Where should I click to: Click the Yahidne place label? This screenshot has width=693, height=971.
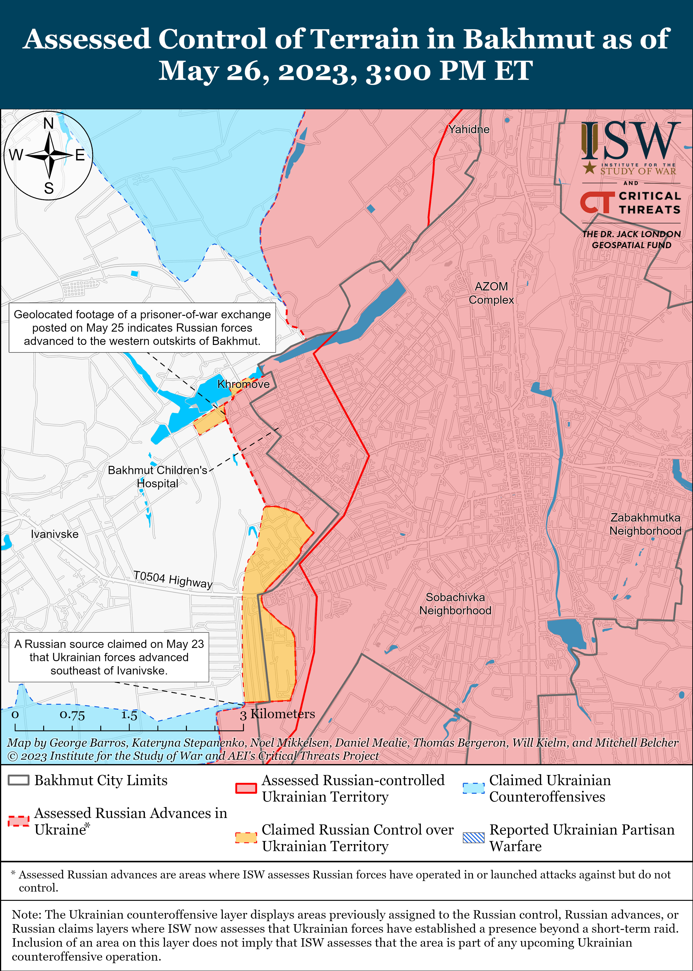[x=468, y=129]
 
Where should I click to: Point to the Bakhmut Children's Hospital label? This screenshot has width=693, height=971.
[x=158, y=476]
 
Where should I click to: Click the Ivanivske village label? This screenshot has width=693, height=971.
[x=55, y=534]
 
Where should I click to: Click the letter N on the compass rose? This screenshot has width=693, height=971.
[x=49, y=124]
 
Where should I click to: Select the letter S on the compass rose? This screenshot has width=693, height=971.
[x=49, y=188]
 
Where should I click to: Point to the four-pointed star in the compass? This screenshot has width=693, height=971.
[x=49, y=155]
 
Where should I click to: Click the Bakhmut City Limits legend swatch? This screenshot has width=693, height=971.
[x=18, y=780]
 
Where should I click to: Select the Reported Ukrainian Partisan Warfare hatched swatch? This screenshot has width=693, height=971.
[x=473, y=838]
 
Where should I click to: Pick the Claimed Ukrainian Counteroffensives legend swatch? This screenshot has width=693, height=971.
[x=473, y=788]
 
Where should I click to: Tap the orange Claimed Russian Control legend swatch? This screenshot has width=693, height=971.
[x=246, y=838]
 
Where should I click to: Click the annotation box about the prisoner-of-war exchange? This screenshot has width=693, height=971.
[x=142, y=328]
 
